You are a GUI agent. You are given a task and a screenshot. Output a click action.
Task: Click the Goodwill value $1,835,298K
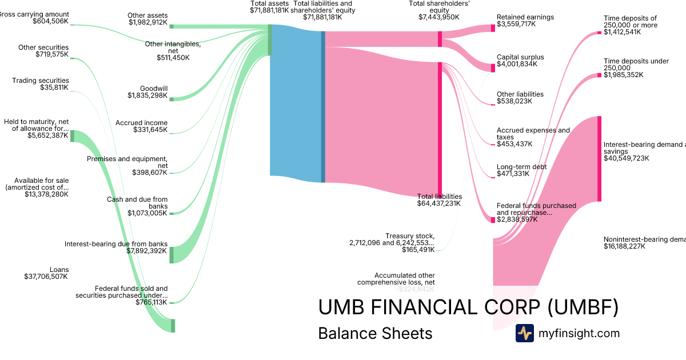click(x=147, y=95)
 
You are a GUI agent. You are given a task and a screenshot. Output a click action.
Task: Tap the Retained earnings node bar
click(x=493, y=28)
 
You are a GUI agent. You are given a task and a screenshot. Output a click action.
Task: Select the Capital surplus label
click(x=520, y=57)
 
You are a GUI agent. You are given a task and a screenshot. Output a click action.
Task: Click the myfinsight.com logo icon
click(x=524, y=333)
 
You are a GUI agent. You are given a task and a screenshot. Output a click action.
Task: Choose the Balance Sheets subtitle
click(x=375, y=333)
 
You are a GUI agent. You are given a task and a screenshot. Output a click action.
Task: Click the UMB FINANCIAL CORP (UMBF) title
click(x=468, y=307)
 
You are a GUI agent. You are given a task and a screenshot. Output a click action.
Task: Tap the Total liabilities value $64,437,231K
click(x=438, y=203)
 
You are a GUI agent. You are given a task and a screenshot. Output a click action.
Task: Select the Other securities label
click(x=43, y=47)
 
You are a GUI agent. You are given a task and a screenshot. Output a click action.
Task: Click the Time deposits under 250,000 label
click(x=636, y=65)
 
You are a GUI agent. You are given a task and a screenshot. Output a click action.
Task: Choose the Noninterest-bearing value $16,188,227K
click(x=624, y=246)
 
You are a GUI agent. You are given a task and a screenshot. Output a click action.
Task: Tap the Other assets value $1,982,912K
click(x=148, y=23)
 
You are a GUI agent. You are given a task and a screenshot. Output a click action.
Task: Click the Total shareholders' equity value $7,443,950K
click(x=439, y=17)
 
